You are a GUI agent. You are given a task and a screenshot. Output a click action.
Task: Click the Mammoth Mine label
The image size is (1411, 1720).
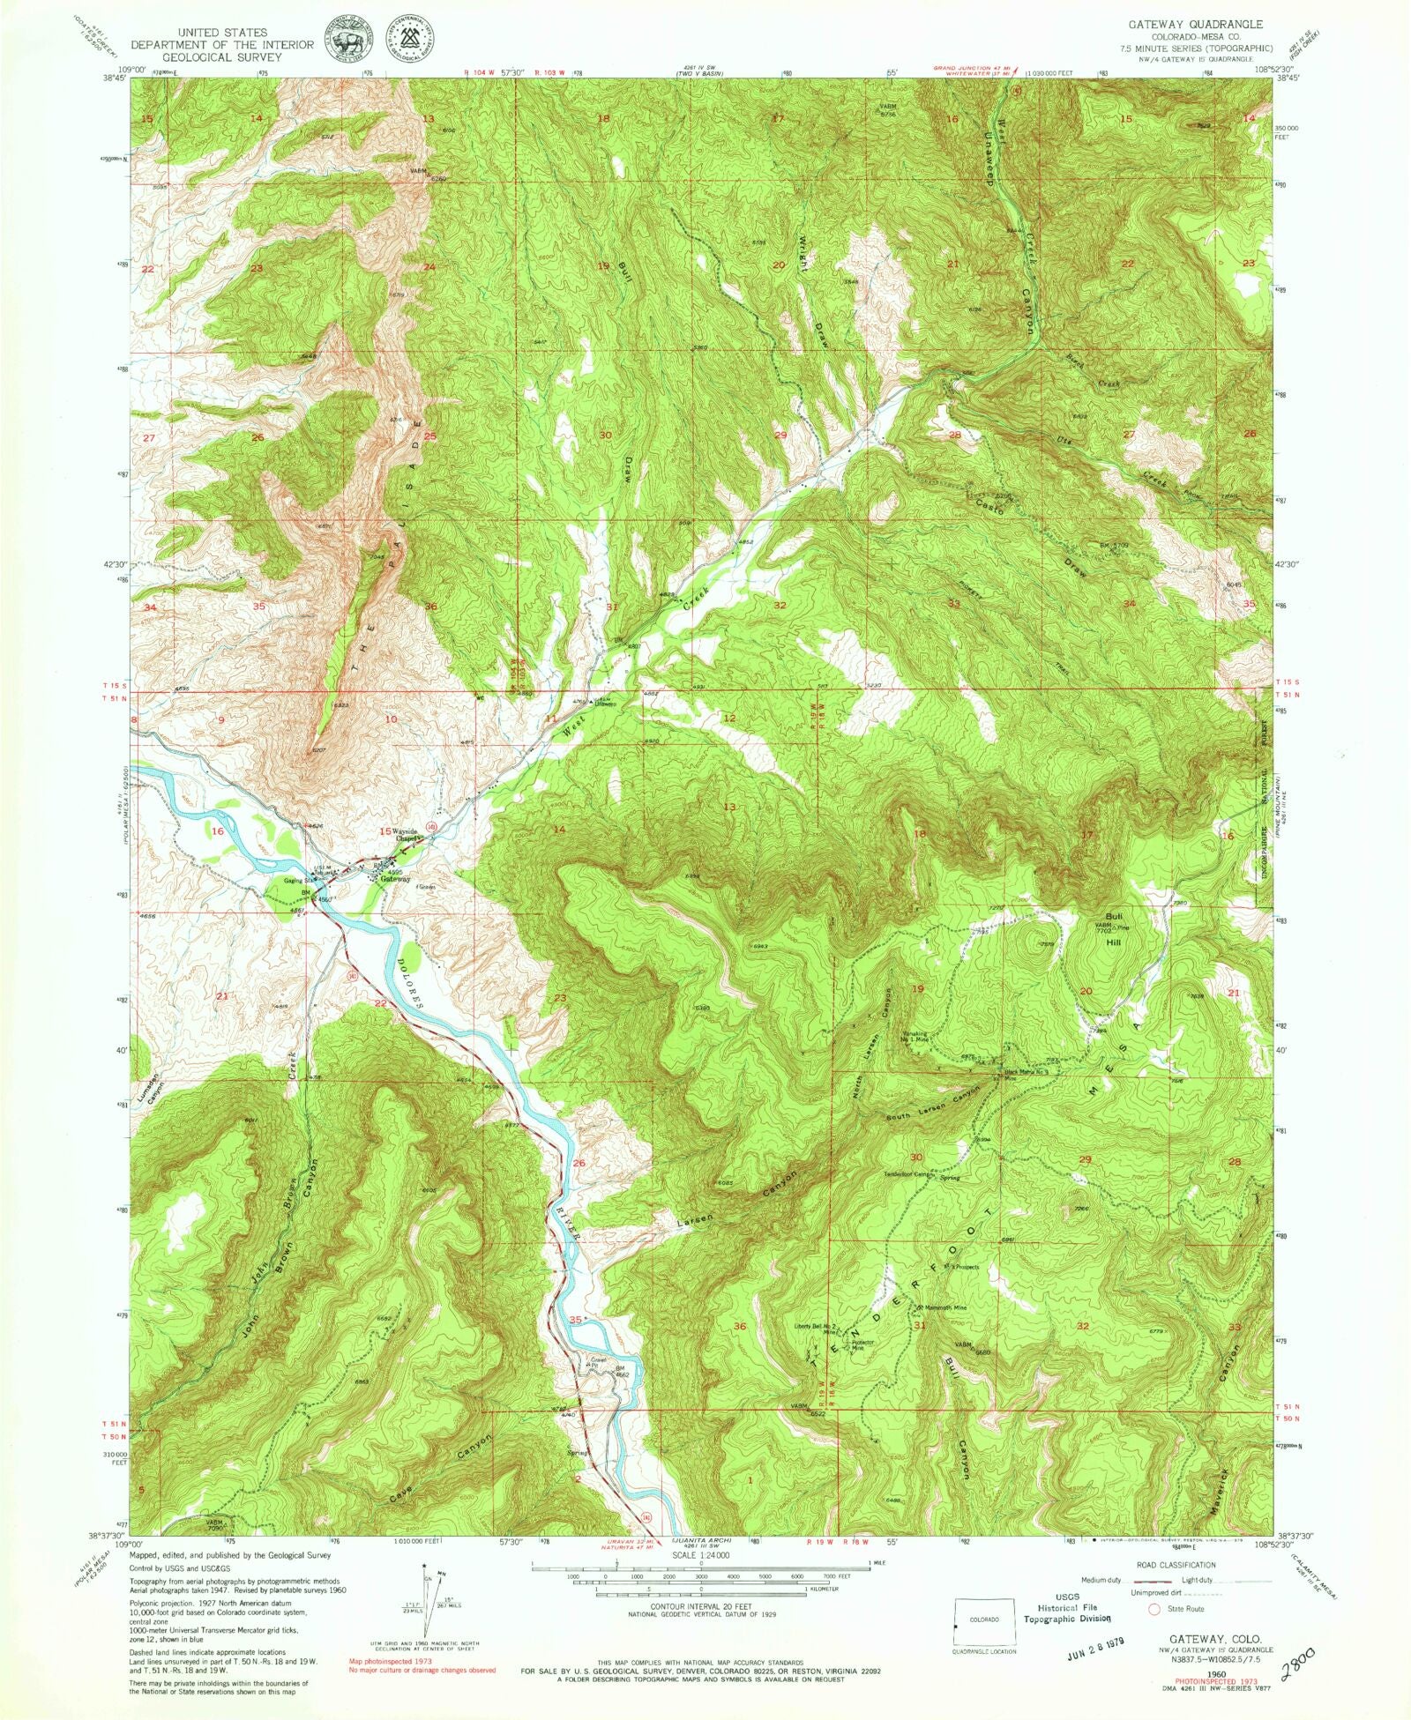click(945, 1307)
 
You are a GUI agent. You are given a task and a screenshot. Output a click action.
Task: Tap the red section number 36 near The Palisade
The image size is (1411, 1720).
click(430, 607)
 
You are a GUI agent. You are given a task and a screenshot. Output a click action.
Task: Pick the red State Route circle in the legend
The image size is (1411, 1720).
click(1153, 1608)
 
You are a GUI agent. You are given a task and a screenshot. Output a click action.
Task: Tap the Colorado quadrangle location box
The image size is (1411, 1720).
click(984, 1619)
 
